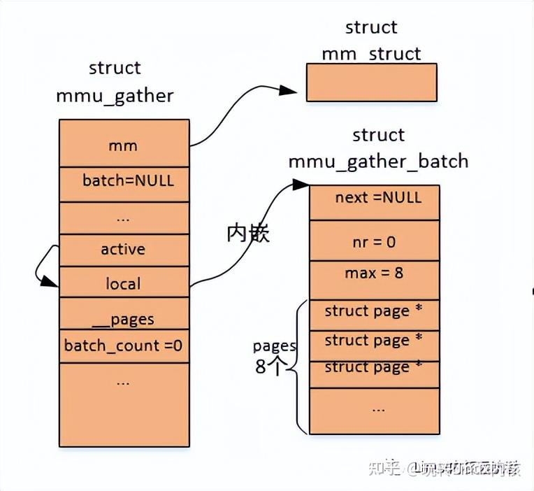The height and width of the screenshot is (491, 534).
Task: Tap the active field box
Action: click(124, 250)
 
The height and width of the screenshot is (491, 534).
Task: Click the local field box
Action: click(124, 283)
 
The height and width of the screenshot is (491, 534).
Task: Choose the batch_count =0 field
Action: click(124, 346)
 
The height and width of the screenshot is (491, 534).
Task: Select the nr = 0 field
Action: click(375, 241)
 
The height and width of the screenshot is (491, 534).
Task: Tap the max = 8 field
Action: click(375, 273)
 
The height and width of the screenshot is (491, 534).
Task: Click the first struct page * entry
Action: click(375, 311)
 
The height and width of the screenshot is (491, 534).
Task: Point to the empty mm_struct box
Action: click(371, 83)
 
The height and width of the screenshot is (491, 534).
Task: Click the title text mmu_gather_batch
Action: click(378, 162)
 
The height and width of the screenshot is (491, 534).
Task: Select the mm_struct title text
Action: click(371, 54)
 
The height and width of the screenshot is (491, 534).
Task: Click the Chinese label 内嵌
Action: click(248, 234)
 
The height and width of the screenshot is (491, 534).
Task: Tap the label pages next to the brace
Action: click(274, 346)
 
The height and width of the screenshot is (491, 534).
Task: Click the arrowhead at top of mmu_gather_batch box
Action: click(301, 185)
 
